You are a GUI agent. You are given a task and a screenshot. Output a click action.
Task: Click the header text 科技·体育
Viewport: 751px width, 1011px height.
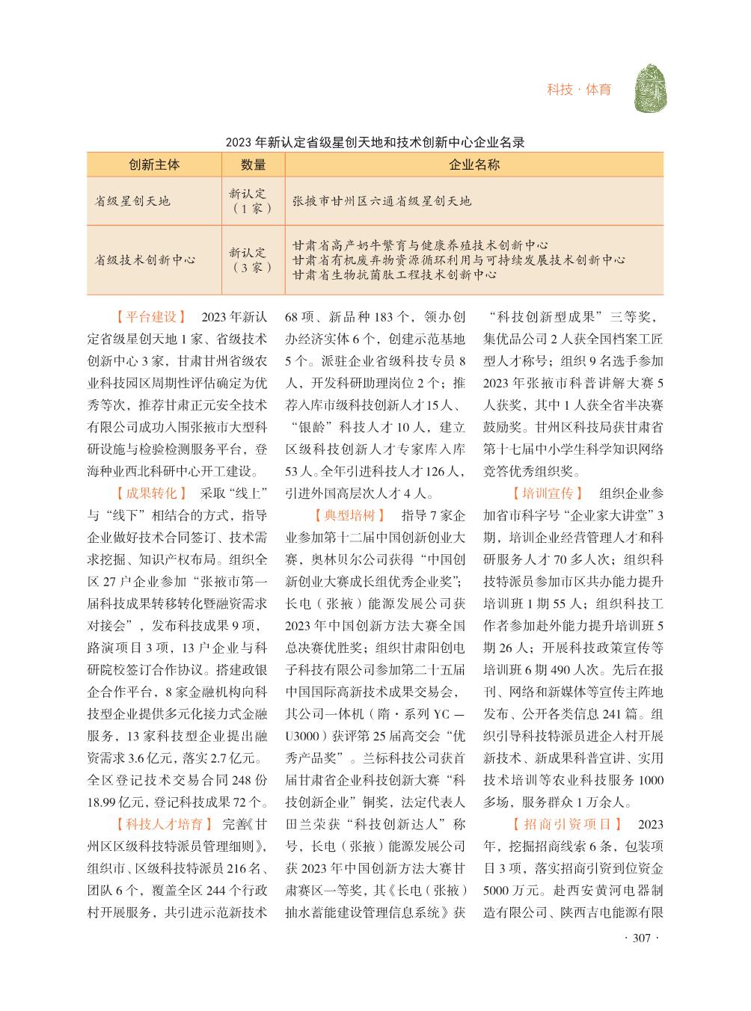pyautogui.click(x=578, y=90)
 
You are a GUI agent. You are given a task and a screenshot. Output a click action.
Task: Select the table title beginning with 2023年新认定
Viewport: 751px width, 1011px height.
pyautogui.click(x=375, y=141)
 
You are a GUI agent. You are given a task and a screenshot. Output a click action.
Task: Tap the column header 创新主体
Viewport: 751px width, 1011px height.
pyautogui.click(x=154, y=165)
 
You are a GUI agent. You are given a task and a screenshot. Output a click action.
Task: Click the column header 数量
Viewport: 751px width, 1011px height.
pyautogui.click(x=254, y=165)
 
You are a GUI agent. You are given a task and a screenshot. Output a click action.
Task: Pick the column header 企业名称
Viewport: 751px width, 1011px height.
pyautogui.click(x=473, y=165)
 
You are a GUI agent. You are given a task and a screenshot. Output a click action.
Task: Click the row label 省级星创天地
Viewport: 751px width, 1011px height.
pyautogui.click(x=132, y=201)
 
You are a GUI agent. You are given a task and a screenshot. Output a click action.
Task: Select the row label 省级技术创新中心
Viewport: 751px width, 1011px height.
pyautogui.click(x=144, y=260)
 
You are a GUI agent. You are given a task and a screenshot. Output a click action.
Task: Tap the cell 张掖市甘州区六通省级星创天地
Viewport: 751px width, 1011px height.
pyautogui.click(x=381, y=201)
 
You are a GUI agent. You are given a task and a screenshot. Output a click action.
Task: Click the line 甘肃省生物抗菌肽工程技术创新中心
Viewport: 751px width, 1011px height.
pyautogui.click(x=394, y=275)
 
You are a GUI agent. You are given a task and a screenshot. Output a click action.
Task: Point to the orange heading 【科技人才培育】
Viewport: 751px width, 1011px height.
pyautogui.click(x=159, y=825)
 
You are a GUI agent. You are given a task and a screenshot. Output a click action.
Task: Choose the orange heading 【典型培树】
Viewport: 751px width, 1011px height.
pyautogui.click(x=349, y=516)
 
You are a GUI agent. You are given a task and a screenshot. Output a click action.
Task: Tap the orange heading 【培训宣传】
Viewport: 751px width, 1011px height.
pyautogui.click(x=547, y=494)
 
